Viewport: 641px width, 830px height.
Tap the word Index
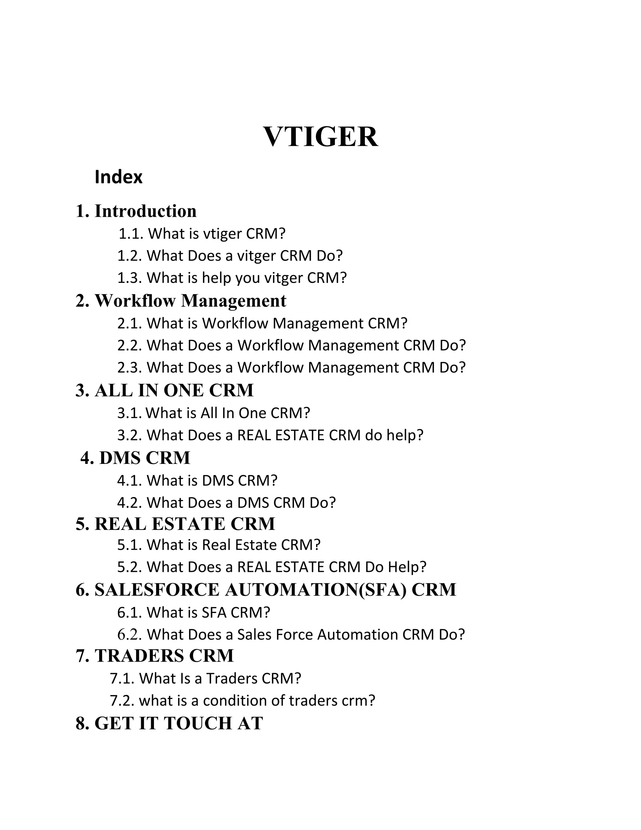coord(119,177)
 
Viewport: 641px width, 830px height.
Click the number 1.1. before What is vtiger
coord(131,234)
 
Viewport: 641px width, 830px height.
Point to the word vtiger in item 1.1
coord(223,234)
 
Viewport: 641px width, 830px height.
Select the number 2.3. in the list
coord(130,367)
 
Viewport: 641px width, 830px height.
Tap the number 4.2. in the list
coord(130,503)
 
